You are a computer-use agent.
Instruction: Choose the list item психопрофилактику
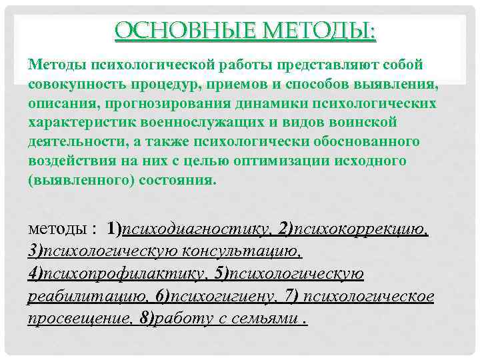coord(113,274)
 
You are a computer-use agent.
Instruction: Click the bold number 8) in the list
coord(147,319)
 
